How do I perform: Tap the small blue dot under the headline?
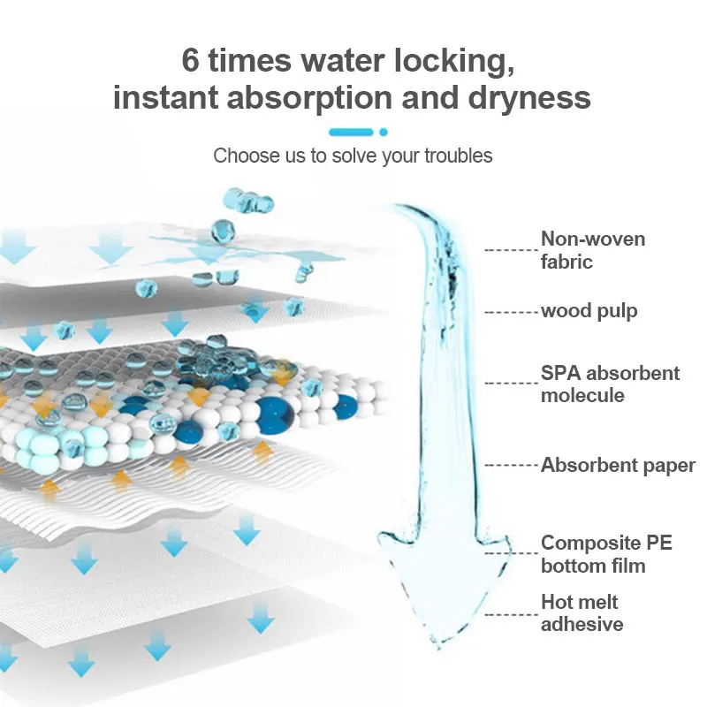coord(384,132)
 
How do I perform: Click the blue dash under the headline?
coord(350,132)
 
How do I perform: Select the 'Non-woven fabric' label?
coord(592,250)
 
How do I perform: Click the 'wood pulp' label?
coord(589,311)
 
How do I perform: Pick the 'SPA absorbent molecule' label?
coord(610,384)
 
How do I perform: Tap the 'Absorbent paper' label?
coord(618,465)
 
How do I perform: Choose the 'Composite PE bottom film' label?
coord(606,554)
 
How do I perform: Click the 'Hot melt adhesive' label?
coord(582,613)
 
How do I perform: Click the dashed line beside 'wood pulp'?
coord(512,311)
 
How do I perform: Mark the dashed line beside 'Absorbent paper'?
coord(512,465)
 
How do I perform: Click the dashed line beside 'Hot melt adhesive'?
coord(512,613)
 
